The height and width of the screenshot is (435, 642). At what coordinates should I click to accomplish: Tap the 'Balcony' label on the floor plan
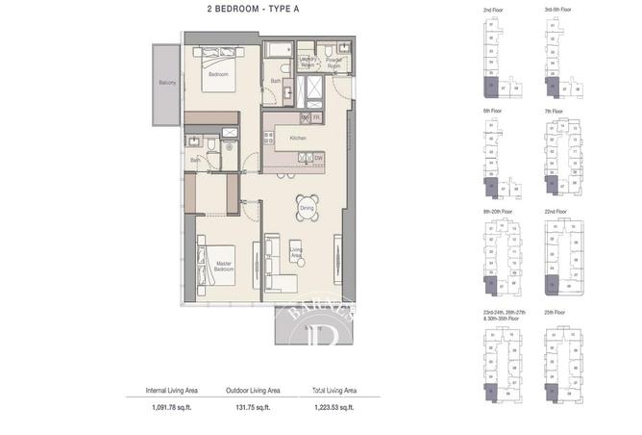pyautogui.click(x=166, y=84)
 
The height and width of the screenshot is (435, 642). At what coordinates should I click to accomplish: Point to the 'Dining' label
pyautogui.click(x=307, y=208)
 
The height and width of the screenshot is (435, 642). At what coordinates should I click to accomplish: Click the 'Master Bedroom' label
pyautogui.click(x=223, y=267)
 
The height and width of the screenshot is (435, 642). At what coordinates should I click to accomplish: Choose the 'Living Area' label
pyautogui.click(x=297, y=253)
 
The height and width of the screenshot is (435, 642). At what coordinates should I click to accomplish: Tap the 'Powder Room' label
pyautogui.click(x=334, y=61)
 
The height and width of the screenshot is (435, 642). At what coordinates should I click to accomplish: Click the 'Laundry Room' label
pyautogui.click(x=308, y=61)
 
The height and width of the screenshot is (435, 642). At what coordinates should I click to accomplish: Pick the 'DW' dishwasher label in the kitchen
pyautogui.click(x=318, y=158)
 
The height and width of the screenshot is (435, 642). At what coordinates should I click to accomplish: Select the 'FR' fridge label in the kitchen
pyautogui.click(x=316, y=117)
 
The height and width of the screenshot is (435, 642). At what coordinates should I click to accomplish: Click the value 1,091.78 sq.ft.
pyautogui.click(x=171, y=409)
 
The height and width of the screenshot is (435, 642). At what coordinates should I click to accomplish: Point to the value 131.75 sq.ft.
pyautogui.click(x=253, y=409)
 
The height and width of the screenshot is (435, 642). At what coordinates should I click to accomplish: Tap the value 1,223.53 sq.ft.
pyautogui.click(x=333, y=409)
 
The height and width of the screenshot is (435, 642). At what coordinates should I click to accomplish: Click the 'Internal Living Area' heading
pyautogui.click(x=171, y=391)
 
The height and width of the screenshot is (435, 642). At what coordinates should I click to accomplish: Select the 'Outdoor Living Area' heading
pyautogui.click(x=253, y=391)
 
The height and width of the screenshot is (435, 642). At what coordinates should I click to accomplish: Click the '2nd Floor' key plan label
pyautogui.click(x=494, y=9)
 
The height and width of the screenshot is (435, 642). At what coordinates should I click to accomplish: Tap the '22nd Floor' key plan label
pyautogui.click(x=556, y=212)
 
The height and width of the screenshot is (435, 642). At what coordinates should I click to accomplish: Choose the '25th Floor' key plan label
pyautogui.click(x=555, y=313)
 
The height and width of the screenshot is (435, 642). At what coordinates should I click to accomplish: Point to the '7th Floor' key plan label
pyautogui.click(x=554, y=111)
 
